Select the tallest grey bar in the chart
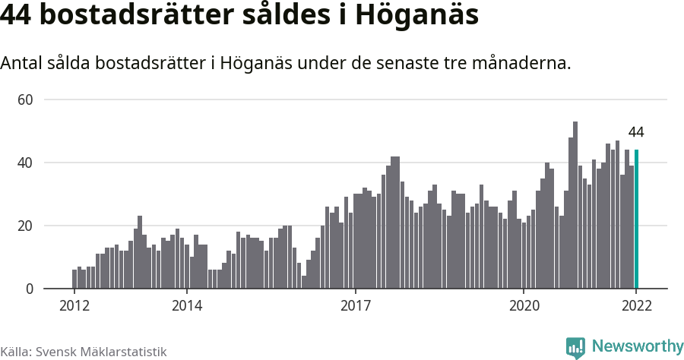coord(575,205)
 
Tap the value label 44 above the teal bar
coord(636,132)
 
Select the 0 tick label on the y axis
coord(30,289)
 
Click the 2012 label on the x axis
coord(74,307)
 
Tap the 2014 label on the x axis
coord(187,307)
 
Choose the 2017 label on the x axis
coord(355,307)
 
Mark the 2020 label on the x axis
coord(524,307)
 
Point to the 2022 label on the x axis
coord(636,307)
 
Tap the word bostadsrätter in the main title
coord(135,16)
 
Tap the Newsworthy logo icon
coord(575,348)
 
